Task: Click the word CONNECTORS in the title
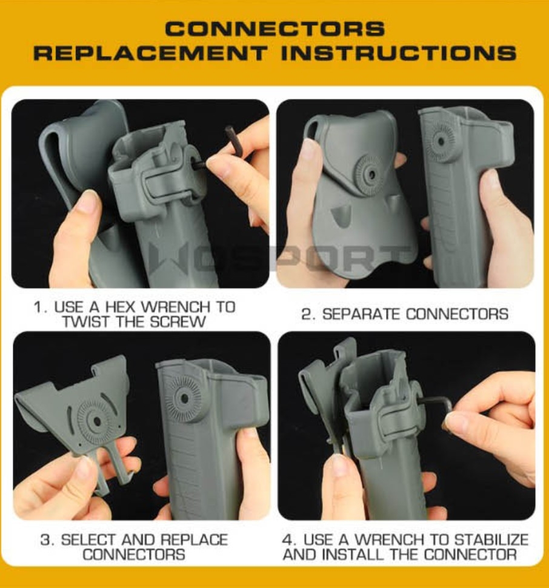(274, 28)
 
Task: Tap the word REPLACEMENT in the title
(150, 53)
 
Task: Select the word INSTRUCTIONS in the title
(399, 53)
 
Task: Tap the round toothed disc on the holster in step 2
(442, 140)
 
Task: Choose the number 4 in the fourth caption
(289, 540)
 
